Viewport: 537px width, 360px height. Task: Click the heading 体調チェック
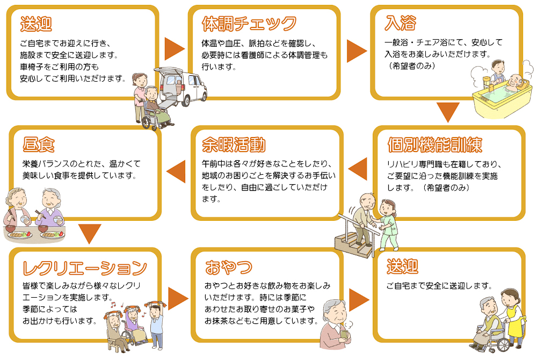249,24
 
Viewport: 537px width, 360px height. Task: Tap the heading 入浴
401,24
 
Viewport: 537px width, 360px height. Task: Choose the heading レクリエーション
85,267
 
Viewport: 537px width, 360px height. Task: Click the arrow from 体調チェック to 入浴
357,50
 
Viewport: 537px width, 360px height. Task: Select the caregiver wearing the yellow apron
511,317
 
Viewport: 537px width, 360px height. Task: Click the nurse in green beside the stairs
387,223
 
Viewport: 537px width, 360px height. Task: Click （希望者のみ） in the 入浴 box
413,66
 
